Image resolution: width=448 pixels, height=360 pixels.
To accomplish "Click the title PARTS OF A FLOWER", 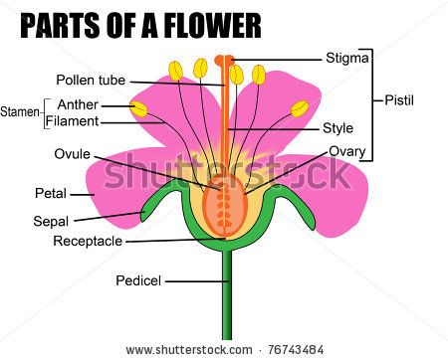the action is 139,24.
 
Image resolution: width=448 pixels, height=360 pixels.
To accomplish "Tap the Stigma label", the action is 347,58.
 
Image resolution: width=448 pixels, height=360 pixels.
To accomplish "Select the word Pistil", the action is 403,100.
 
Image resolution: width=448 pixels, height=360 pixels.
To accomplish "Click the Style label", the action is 337,128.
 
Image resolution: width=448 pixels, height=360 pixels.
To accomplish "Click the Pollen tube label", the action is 91,80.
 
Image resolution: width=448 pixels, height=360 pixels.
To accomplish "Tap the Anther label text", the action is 77,104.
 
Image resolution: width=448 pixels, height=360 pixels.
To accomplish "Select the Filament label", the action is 72,121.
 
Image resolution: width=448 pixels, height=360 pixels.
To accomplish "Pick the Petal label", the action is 51,193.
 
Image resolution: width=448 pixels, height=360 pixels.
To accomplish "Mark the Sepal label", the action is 51,221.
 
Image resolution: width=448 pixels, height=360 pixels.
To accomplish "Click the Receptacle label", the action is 88,241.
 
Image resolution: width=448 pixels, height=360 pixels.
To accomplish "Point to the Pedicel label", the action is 138,280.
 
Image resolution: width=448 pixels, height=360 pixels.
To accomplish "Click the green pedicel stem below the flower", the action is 226,298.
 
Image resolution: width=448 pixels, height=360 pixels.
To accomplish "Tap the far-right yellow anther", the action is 300,108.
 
